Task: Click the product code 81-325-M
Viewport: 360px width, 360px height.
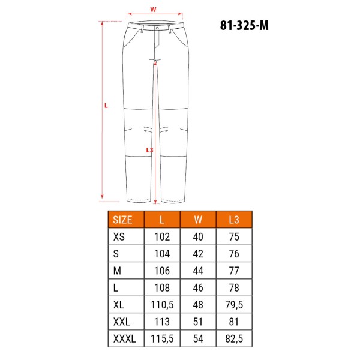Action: (244, 25)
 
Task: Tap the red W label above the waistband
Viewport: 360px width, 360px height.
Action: (153, 10)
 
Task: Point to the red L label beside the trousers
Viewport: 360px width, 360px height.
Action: (106, 106)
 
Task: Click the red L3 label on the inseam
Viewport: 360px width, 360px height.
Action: (149, 150)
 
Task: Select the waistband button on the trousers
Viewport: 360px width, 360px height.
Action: (157, 28)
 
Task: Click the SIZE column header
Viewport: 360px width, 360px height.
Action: (122, 220)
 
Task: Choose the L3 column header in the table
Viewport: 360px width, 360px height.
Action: (234, 220)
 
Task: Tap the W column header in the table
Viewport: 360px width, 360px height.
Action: (198, 220)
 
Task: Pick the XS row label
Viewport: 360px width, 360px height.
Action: (119, 237)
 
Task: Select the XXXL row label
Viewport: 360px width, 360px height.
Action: (124, 338)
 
